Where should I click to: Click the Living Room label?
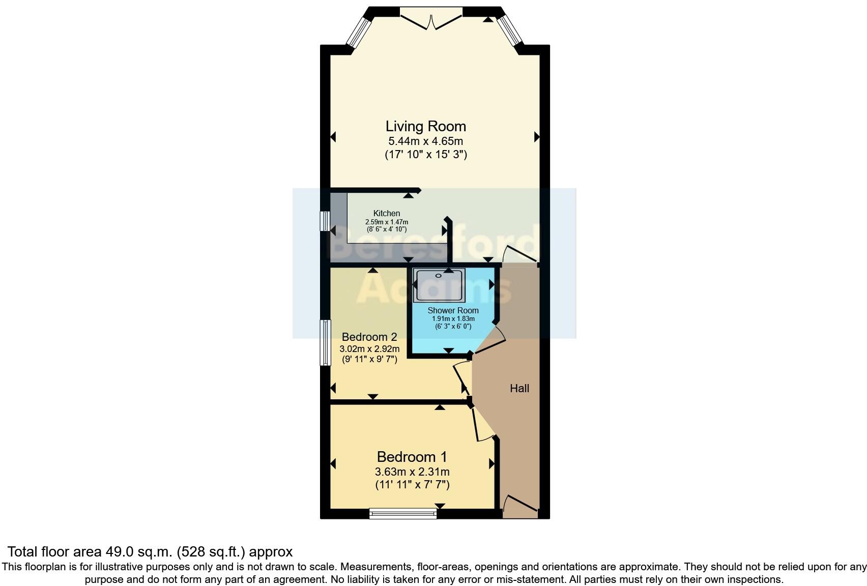click(425, 126)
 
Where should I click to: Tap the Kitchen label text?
click(387, 213)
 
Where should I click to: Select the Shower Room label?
click(453, 310)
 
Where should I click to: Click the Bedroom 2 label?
click(369, 337)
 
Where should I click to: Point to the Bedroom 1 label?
click(412, 457)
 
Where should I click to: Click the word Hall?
click(519, 389)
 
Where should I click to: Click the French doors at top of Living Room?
click(431, 18)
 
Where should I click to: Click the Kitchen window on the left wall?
click(324, 221)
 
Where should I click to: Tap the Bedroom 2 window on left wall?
click(325, 342)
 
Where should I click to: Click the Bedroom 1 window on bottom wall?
click(403, 514)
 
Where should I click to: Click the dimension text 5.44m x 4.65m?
click(425, 141)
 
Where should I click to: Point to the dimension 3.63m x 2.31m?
click(412, 472)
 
